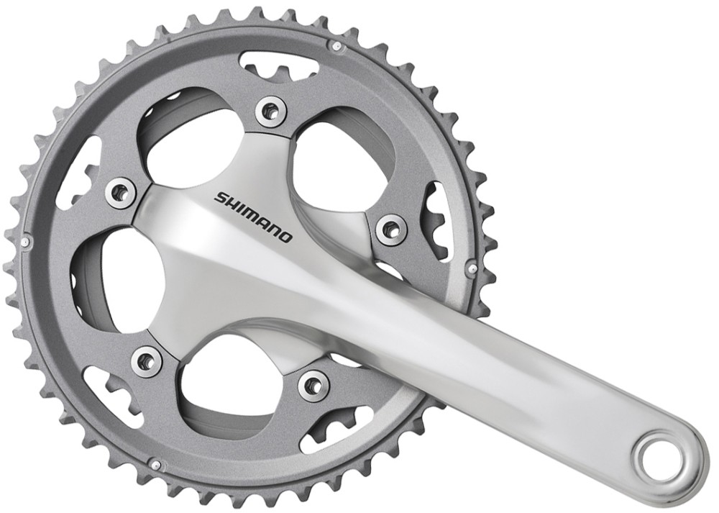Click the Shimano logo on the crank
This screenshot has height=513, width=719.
[253, 215]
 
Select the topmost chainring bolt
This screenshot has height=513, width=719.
[271, 110]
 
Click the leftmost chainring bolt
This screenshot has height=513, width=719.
[120, 191]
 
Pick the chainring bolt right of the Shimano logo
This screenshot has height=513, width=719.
[390, 230]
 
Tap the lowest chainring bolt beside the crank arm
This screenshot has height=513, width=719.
[313, 385]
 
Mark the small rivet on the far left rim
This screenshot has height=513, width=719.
[25, 242]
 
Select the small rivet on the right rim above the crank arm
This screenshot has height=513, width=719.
[472, 270]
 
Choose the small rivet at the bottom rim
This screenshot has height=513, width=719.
[155, 466]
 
